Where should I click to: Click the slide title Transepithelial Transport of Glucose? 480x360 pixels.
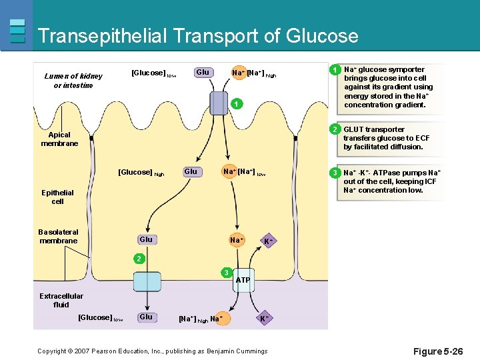tap(198, 36)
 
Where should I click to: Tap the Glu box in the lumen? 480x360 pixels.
tap(203, 73)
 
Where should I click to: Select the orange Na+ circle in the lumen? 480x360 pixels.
tap(238, 73)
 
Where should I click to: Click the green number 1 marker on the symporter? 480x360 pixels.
tap(235, 104)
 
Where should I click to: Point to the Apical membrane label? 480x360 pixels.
tap(59, 139)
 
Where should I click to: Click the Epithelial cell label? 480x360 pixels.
tap(57, 197)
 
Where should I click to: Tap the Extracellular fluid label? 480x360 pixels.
tap(61, 301)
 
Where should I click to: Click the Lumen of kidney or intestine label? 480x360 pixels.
tap(73, 81)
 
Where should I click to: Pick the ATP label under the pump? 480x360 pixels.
tap(243, 280)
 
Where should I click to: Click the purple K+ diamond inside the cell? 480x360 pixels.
tap(267, 241)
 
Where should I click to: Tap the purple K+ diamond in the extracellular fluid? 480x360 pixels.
tap(264, 319)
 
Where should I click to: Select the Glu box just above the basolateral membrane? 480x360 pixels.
tap(146, 239)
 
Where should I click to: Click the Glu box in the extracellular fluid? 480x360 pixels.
tap(146, 317)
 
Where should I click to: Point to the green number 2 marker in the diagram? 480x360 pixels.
tap(137, 257)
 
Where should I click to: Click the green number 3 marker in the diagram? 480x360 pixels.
tap(227, 272)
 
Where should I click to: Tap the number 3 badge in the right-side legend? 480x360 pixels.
tap(336, 173)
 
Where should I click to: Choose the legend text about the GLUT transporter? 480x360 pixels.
tap(383, 138)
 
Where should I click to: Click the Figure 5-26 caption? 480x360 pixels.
tap(437, 351)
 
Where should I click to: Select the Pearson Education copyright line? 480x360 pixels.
tap(152, 351)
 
